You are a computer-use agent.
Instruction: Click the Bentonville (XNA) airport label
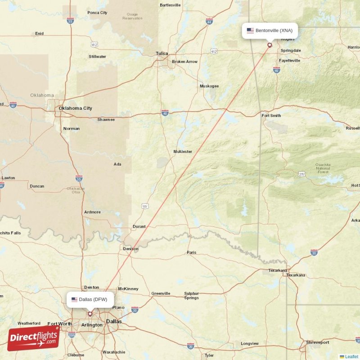point(274,31)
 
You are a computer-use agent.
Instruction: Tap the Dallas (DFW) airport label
point(93,299)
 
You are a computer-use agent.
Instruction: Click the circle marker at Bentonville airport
point(270,45)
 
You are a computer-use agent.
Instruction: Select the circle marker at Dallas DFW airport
point(90,314)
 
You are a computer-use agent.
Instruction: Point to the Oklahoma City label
point(75,108)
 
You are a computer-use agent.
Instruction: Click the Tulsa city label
point(162,54)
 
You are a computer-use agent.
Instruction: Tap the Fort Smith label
point(271,116)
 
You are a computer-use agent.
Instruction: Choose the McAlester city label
point(183,152)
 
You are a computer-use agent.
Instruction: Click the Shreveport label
point(318,342)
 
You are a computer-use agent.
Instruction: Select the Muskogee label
point(209,86)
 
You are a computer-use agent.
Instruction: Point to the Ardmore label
point(92,212)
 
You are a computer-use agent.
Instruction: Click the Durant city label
point(139,226)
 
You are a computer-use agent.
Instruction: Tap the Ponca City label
point(98,13)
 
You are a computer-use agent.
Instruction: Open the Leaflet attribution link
point(351,356)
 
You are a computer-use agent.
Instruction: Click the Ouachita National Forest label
point(323,168)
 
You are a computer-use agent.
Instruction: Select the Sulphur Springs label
point(191,296)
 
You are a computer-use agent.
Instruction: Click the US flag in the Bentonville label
point(250,31)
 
